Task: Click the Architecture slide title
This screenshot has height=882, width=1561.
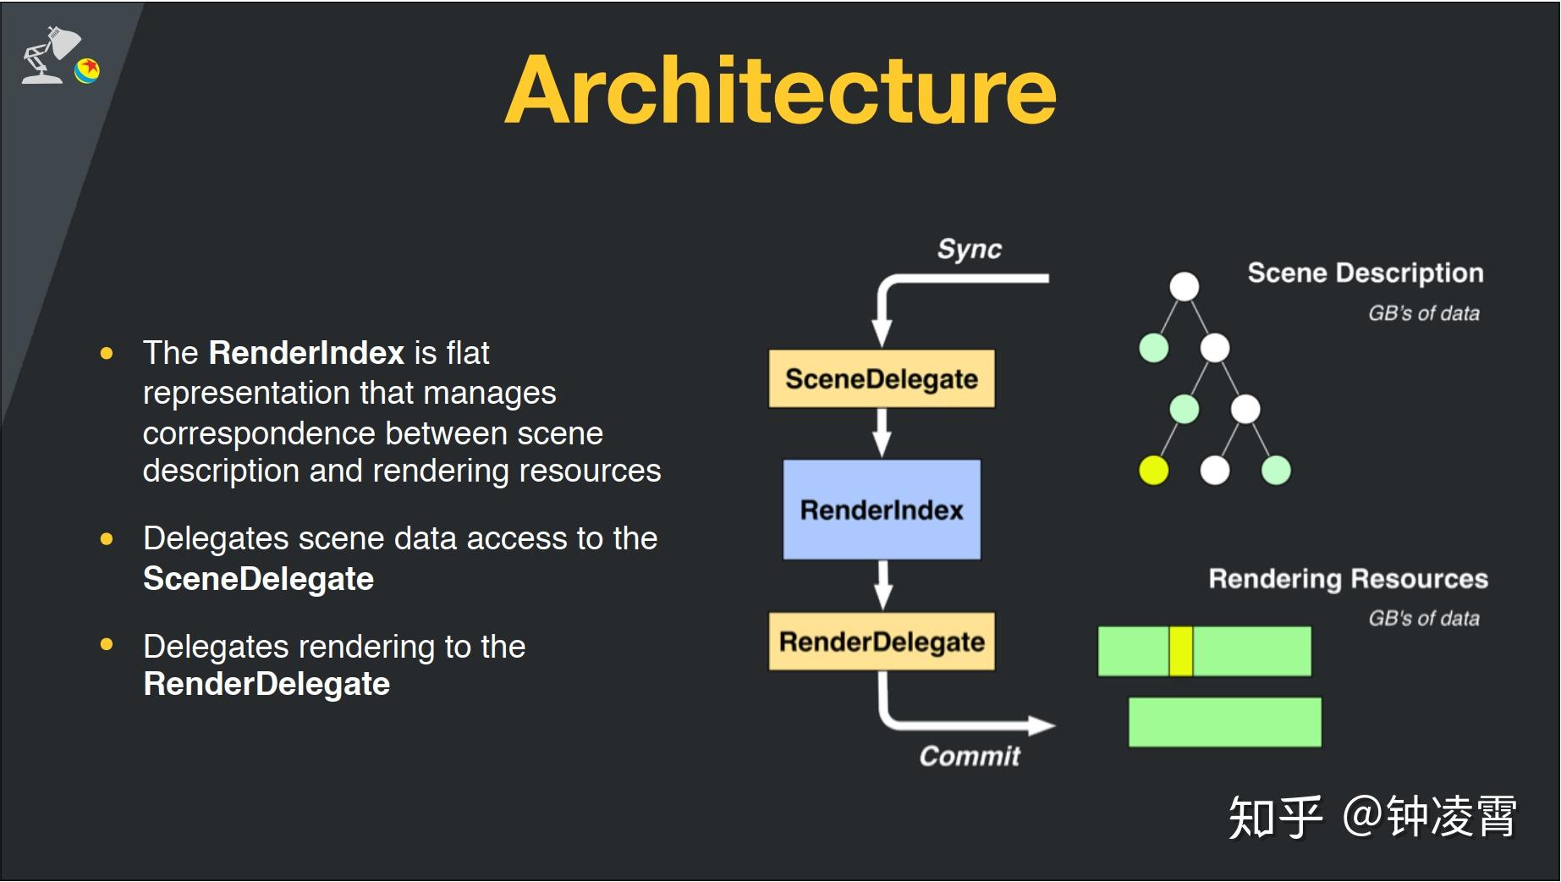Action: tap(780, 91)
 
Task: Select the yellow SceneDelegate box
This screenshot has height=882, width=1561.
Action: tap(882, 378)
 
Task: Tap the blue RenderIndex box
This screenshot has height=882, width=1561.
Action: tap(882, 510)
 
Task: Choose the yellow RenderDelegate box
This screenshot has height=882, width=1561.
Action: tap(882, 642)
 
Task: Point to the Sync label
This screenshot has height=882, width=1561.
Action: tap(969, 250)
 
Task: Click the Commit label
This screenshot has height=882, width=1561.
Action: tap(970, 756)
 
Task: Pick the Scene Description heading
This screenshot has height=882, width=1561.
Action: tap(1366, 273)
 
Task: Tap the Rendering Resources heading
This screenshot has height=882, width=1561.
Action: tap(1348, 579)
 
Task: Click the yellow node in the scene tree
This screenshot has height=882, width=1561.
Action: tap(1153, 470)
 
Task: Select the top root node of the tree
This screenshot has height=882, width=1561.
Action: tap(1184, 286)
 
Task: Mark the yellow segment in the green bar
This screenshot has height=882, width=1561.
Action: tap(1181, 651)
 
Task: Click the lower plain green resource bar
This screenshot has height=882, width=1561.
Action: tap(1225, 722)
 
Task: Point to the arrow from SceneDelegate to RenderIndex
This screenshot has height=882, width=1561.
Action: tap(882, 433)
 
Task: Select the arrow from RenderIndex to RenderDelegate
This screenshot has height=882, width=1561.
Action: tap(882, 585)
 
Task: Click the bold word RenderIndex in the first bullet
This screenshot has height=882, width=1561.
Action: tap(306, 353)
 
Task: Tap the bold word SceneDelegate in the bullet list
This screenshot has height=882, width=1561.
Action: tap(258, 579)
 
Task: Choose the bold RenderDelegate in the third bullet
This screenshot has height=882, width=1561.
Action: tap(267, 684)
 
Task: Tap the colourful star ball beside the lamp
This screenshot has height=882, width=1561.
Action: tap(87, 70)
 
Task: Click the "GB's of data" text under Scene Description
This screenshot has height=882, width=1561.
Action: tap(1424, 313)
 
